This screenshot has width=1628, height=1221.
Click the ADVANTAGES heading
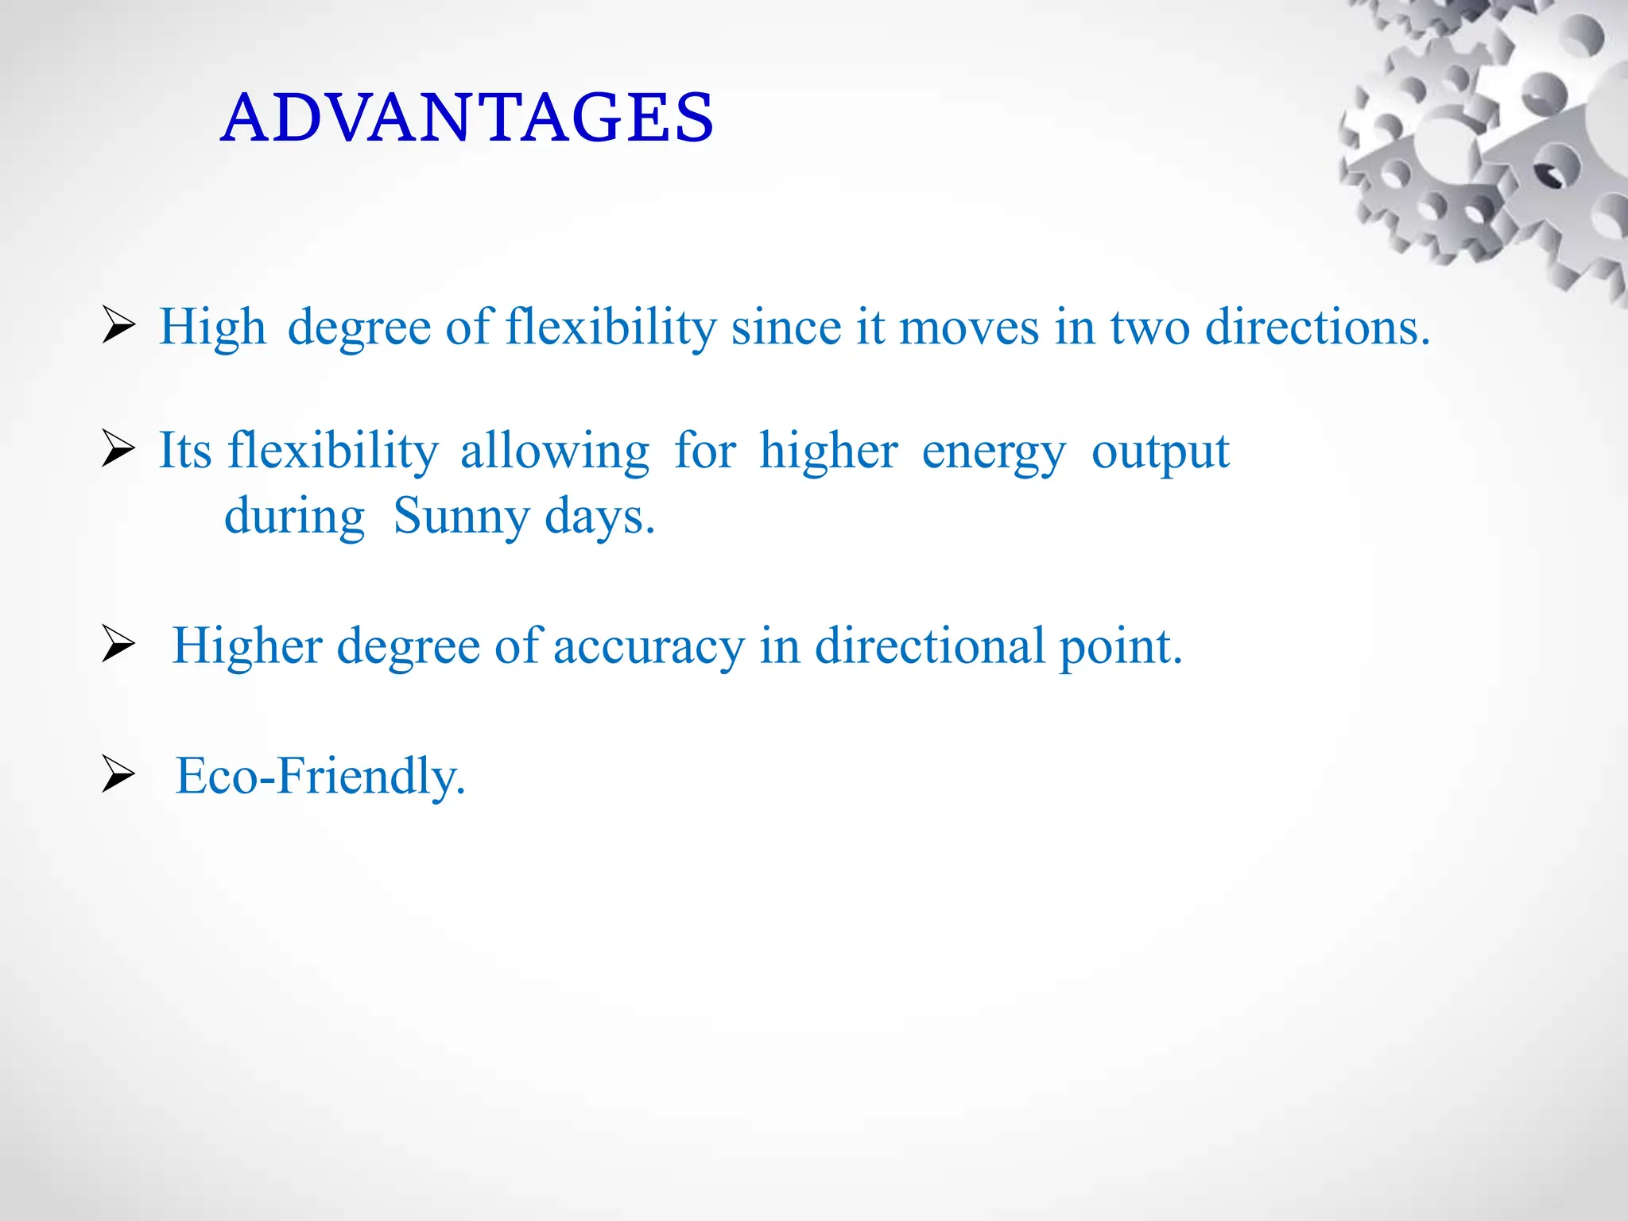(467, 118)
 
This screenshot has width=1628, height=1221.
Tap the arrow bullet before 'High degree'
(118, 326)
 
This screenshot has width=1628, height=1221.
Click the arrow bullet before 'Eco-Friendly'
(118, 774)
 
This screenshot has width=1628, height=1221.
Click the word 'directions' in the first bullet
(1316, 327)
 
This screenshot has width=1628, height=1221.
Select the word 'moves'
(968, 327)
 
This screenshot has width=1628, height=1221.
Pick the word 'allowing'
(555, 452)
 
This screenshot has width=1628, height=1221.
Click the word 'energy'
(993, 453)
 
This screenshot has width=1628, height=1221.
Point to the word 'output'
(1160, 453)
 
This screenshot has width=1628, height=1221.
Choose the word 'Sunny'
(461, 517)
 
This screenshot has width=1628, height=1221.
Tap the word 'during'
(294, 517)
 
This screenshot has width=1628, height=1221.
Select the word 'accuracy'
(649, 646)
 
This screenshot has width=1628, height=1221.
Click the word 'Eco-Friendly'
(319, 776)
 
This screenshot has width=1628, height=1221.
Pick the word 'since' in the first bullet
(785, 327)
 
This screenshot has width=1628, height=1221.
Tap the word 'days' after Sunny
(598, 517)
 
